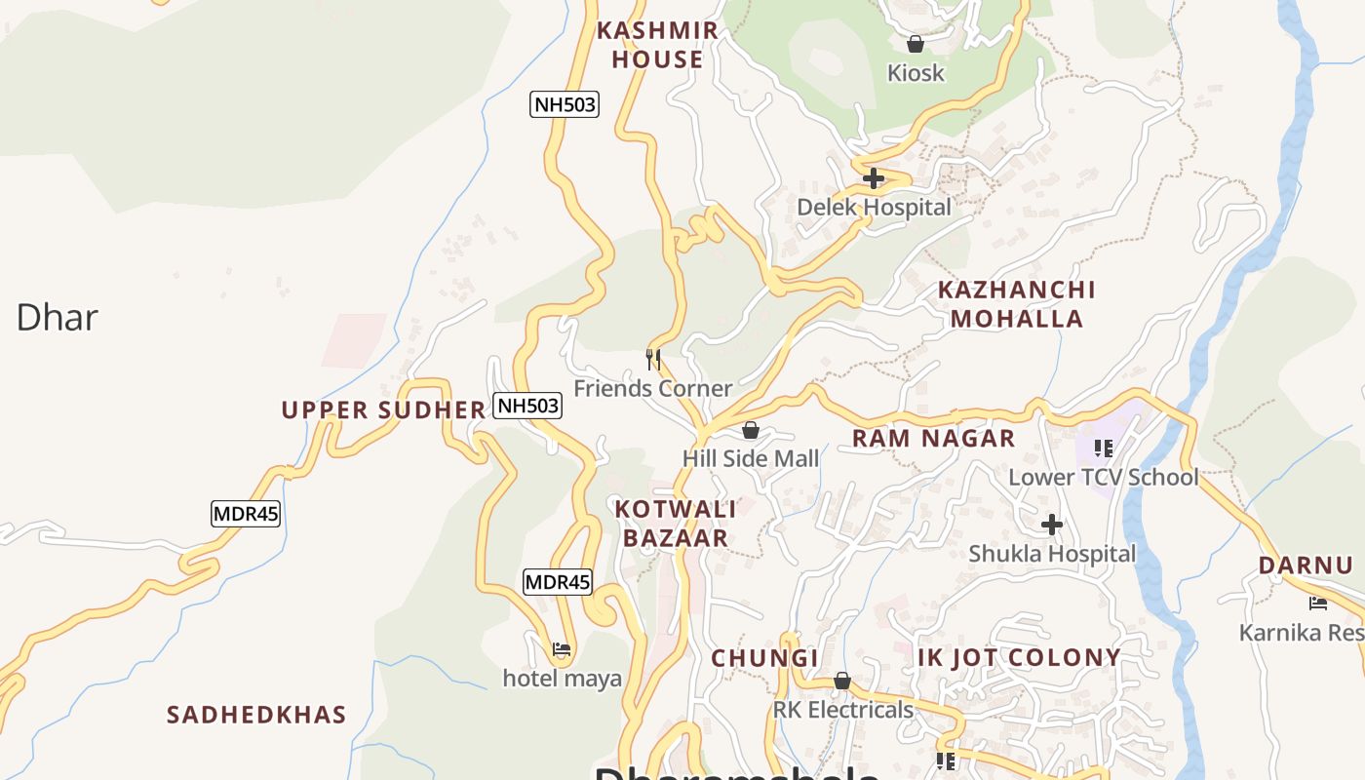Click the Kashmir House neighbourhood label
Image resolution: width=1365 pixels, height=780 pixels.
(657, 45)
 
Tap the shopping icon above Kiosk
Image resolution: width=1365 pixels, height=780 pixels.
(916, 44)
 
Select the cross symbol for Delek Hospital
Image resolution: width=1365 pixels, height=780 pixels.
(874, 178)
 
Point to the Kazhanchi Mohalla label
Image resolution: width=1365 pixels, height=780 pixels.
(1016, 304)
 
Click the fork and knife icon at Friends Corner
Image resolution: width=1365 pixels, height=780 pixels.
(653, 360)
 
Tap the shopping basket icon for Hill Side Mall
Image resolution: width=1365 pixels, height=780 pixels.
(751, 430)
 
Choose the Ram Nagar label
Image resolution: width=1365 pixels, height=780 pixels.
(933, 439)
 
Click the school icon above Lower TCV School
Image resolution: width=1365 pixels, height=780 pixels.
(1104, 448)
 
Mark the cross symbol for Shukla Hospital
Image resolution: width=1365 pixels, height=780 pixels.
(1051, 526)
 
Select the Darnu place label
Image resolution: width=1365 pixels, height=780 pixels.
(1305, 565)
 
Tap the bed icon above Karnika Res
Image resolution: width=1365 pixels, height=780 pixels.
(1318, 604)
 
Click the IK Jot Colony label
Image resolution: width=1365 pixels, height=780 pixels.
(1019, 658)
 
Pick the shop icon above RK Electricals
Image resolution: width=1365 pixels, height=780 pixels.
(842, 681)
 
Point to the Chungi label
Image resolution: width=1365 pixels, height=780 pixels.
(764, 658)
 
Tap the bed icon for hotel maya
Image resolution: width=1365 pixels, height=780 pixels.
(561, 648)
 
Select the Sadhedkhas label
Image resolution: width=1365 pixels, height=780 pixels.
(256, 715)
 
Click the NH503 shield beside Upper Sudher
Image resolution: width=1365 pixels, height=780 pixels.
(527, 406)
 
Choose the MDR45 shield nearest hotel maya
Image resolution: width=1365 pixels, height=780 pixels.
(558, 582)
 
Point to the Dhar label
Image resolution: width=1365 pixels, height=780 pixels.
(57, 318)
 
